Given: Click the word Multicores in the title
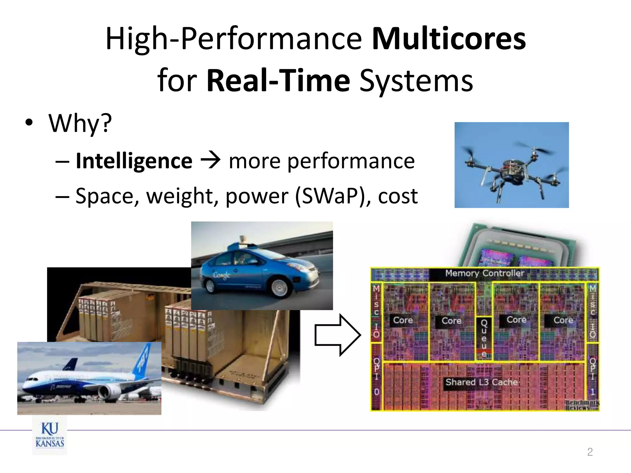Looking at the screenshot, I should pyautogui.click(x=449, y=39).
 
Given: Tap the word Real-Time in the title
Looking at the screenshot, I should pyautogui.click(x=278, y=81).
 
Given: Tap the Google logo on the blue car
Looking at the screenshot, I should pyautogui.click(x=222, y=275).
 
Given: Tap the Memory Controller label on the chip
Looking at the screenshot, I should pyautogui.click(x=484, y=273).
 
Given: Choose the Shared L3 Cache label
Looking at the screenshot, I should pyautogui.click(x=481, y=382).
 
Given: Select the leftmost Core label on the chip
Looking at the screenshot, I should pyautogui.click(x=403, y=320).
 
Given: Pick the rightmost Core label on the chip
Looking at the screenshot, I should pyautogui.click(x=563, y=320).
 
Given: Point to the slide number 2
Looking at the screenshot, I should pyautogui.click(x=590, y=452).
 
